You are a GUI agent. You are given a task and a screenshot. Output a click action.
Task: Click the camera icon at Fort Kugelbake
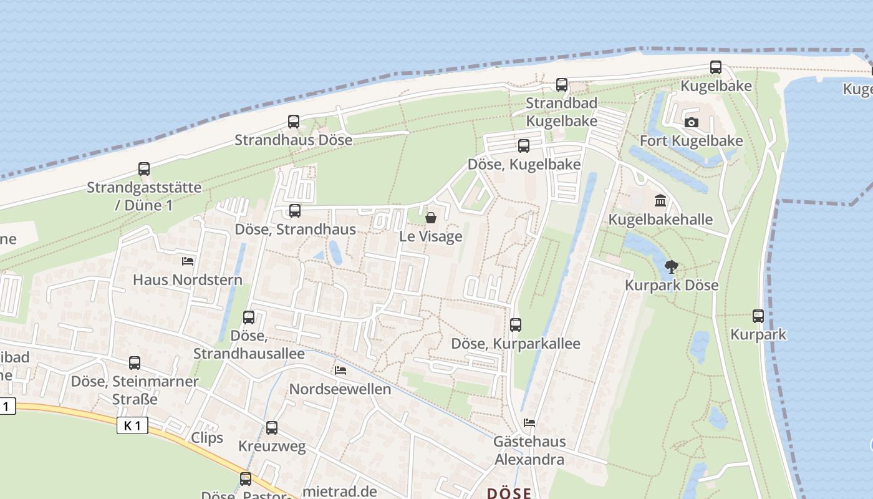tap(691, 123)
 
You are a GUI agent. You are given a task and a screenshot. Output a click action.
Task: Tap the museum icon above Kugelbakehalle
tap(660, 201)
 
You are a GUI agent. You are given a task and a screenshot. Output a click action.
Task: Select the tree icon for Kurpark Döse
tap(671, 267)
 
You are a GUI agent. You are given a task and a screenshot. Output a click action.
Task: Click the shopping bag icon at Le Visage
tap(430, 218)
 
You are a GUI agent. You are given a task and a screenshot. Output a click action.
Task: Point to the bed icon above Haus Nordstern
tap(188, 261)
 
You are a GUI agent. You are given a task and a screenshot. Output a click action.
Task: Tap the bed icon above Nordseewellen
tap(340, 371)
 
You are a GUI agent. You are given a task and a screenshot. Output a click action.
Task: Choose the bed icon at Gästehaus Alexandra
tap(529, 423)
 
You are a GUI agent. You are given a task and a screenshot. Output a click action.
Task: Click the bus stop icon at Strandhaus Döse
tap(294, 122)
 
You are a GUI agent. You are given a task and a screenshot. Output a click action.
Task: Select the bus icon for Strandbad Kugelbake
tap(562, 84)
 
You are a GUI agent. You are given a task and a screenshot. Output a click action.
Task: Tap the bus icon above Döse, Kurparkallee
tap(516, 325)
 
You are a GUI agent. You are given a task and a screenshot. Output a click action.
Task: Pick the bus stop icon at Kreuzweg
tap(272, 428)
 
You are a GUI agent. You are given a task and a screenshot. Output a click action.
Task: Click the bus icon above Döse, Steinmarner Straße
tap(135, 362)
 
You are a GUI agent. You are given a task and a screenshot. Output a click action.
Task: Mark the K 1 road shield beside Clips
tap(132, 426)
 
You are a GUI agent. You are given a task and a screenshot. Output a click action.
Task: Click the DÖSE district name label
tap(509, 493)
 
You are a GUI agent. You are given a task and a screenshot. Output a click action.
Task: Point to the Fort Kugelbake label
tap(691, 141)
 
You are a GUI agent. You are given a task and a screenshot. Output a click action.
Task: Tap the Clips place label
tap(207, 438)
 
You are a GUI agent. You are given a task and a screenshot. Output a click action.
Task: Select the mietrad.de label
tap(340, 491)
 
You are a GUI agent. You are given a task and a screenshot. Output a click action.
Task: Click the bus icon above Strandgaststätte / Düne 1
tap(144, 169)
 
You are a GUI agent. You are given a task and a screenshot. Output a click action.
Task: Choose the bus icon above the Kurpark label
tap(758, 316)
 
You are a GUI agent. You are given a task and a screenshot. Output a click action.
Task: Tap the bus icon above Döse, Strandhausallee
tap(249, 317)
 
